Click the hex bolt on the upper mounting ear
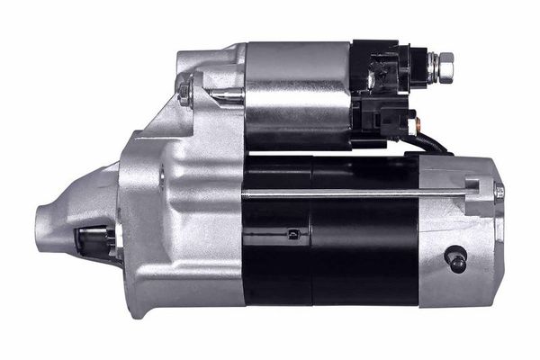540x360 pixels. point(185,92)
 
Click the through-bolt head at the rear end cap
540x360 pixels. point(498,191)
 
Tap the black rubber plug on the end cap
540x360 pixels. point(456,258)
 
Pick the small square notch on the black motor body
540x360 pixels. point(292,235)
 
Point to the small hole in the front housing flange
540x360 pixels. point(163,176)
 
